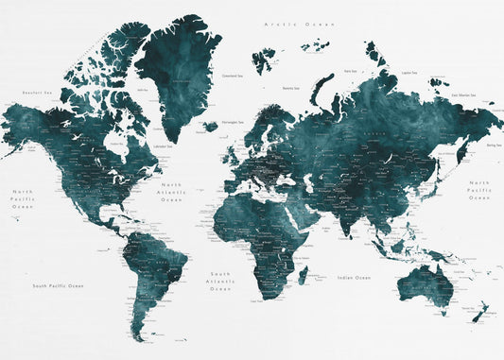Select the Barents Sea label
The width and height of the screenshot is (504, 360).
pyautogui.click(x=290, y=89)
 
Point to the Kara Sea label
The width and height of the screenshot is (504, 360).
pyautogui.click(x=350, y=70)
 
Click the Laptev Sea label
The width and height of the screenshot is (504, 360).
pyautogui.click(x=408, y=72)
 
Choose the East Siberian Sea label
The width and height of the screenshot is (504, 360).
pyautogui.click(x=464, y=95)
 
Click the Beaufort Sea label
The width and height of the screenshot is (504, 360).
pyautogui.click(x=36, y=93)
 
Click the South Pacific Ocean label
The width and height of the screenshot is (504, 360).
pyautogui.click(x=58, y=285)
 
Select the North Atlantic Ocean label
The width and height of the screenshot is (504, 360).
pyautogui.click(x=171, y=192)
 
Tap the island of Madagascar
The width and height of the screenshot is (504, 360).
pyautogui.click(x=303, y=275)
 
